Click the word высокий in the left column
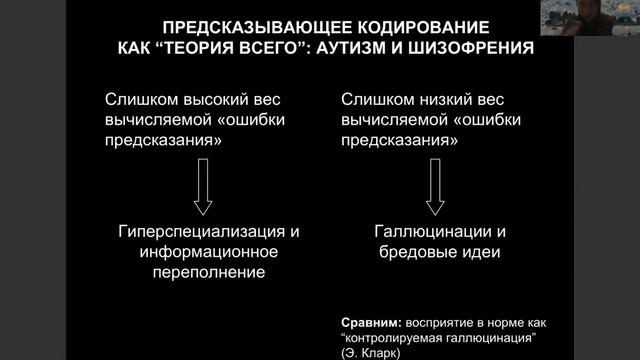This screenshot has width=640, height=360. (x=207, y=101)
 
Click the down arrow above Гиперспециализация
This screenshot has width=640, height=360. (x=202, y=190)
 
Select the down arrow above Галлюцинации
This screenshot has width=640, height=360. (x=436, y=190)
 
